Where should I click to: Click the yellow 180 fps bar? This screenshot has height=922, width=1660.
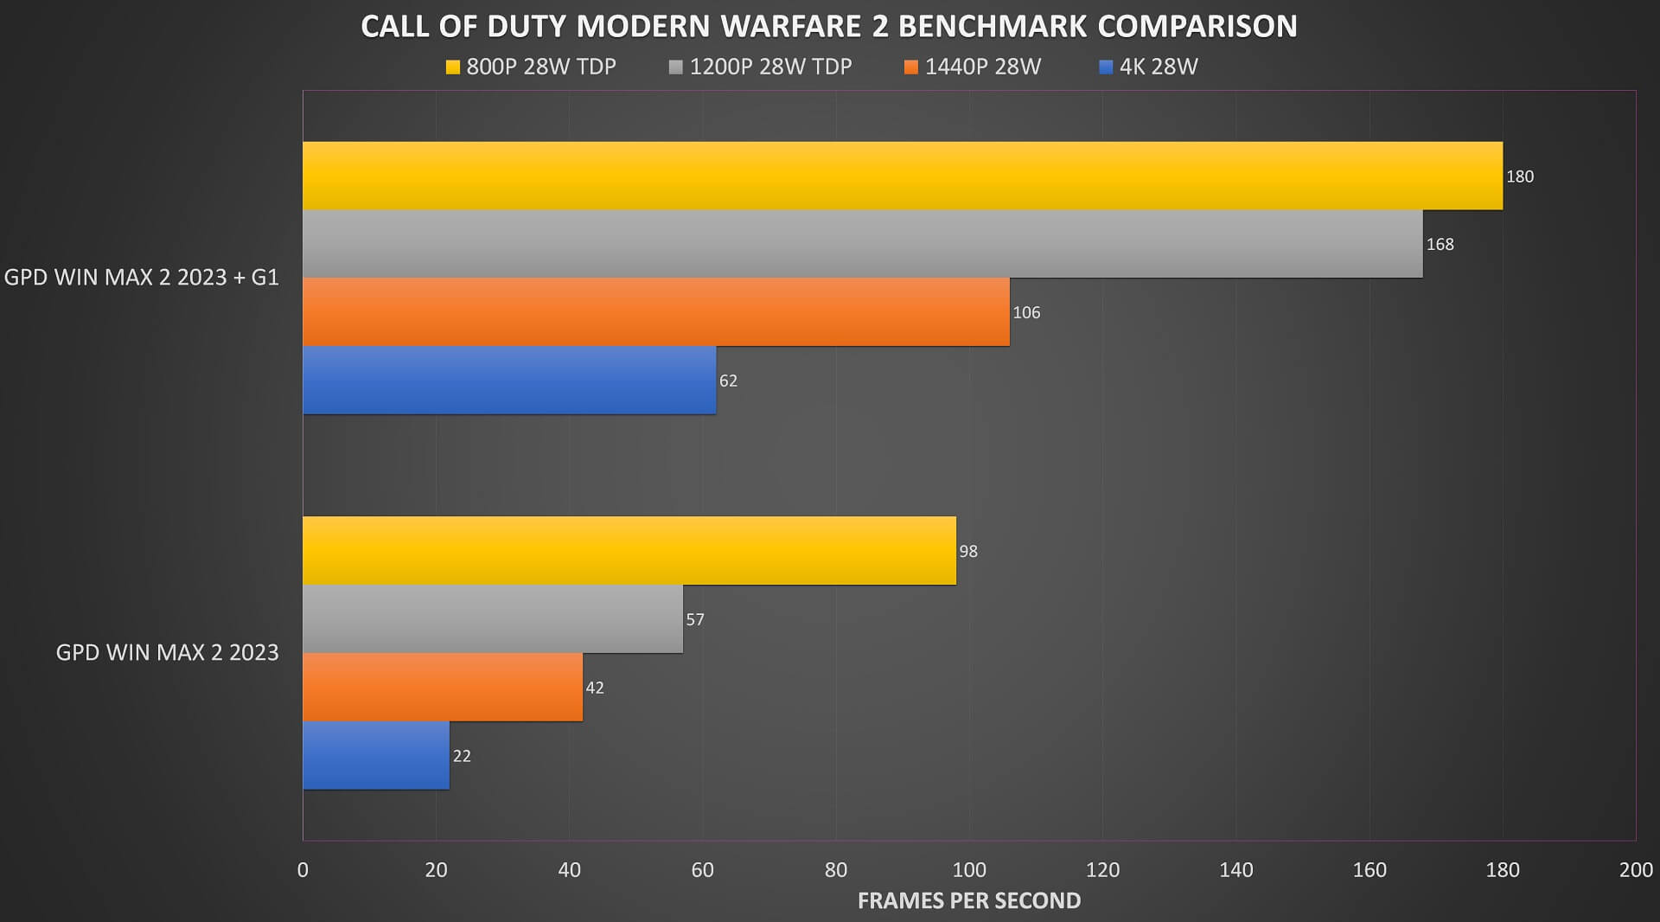tap(903, 176)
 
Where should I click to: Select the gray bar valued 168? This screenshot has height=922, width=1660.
tap(863, 244)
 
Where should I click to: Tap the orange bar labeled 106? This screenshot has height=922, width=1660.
tap(656, 312)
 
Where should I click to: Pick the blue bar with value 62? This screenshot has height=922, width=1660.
tap(509, 381)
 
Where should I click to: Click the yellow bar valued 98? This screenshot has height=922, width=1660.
tap(629, 551)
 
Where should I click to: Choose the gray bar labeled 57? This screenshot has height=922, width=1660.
tap(493, 619)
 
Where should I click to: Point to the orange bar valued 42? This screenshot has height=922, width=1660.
tap(443, 688)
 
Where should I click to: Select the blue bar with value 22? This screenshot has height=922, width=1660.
tap(376, 756)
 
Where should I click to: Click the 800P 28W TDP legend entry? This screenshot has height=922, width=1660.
tap(531, 67)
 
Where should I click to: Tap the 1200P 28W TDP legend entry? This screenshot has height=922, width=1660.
tap(761, 67)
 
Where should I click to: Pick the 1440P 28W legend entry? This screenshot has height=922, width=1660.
tap(973, 67)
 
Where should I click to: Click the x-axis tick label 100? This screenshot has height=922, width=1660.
tap(969, 869)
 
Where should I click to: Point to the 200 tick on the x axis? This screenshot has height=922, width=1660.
tap(1636, 869)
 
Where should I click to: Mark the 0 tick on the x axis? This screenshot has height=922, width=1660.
tap(303, 869)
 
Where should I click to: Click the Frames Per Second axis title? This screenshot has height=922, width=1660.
tap(969, 900)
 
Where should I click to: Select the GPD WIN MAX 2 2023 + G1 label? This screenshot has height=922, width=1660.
tap(142, 278)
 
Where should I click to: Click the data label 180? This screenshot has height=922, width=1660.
tap(1520, 176)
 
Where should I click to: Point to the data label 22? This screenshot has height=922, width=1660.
tap(462, 756)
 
